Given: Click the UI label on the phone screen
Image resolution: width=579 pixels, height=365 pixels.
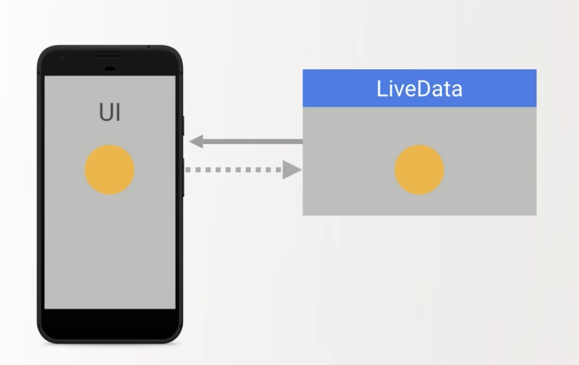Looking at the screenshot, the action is pos(110,113).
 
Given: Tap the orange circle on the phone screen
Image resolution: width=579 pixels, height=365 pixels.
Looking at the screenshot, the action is pos(110,170).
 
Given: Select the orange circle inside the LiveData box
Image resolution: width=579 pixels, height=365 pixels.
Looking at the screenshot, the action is pos(420,170).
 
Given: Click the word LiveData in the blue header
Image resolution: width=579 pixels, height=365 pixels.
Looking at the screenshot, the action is pos(420,89).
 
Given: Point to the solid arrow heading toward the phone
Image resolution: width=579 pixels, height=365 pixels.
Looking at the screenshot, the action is pos(248,141).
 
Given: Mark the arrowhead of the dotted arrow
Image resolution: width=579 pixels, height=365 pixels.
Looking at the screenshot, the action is pos(291,170).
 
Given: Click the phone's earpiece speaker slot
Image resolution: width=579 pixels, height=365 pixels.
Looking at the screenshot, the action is pos(110,56).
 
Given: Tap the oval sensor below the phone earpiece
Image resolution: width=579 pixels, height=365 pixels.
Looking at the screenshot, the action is pos(110,68).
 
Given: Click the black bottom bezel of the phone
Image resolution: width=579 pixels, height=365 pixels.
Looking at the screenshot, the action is pos(110,324).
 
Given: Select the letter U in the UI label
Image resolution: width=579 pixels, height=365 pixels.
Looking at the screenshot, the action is pos(105,113).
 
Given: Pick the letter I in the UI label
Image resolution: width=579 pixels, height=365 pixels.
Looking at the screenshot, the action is pos(118,113).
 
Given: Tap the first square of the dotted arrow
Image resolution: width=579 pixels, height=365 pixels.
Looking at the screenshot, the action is pos(189,170).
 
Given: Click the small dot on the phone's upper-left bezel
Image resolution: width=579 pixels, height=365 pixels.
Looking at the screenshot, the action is pos(62,58).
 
